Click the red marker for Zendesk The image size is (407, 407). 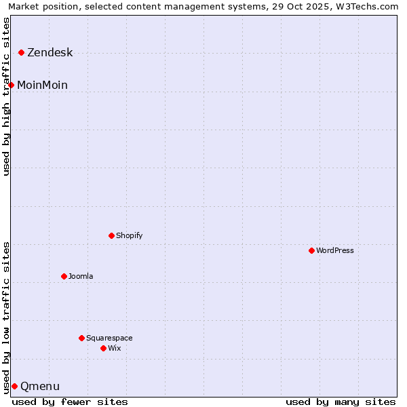click(x=22, y=52)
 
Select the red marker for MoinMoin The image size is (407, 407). click(x=12, y=85)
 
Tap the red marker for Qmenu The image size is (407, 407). click(x=14, y=386)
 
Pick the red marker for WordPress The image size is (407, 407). click(x=311, y=250)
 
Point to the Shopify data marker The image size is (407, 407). click(x=111, y=235)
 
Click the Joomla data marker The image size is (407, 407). click(x=64, y=276)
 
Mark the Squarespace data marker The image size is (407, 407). click(x=81, y=338)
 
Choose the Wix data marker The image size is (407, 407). click(x=103, y=348)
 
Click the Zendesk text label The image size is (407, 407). click(x=50, y=52)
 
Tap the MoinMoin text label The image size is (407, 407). click(x=42, y=85)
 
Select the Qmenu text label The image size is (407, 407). click(x=40, y=386)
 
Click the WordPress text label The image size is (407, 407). click(x=335, y=250)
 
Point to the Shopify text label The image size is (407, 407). click(x=129, y=235)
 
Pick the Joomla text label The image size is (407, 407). click(x=81, y=276)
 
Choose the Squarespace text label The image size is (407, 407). click(x=109, y=338)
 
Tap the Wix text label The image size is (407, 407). click(x=114, y=348)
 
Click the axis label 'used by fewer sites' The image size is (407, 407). click(x=70, y=402)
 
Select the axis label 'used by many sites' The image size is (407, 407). click(x=341, y=402)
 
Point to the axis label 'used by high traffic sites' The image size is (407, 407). click(x=6, y=97)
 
